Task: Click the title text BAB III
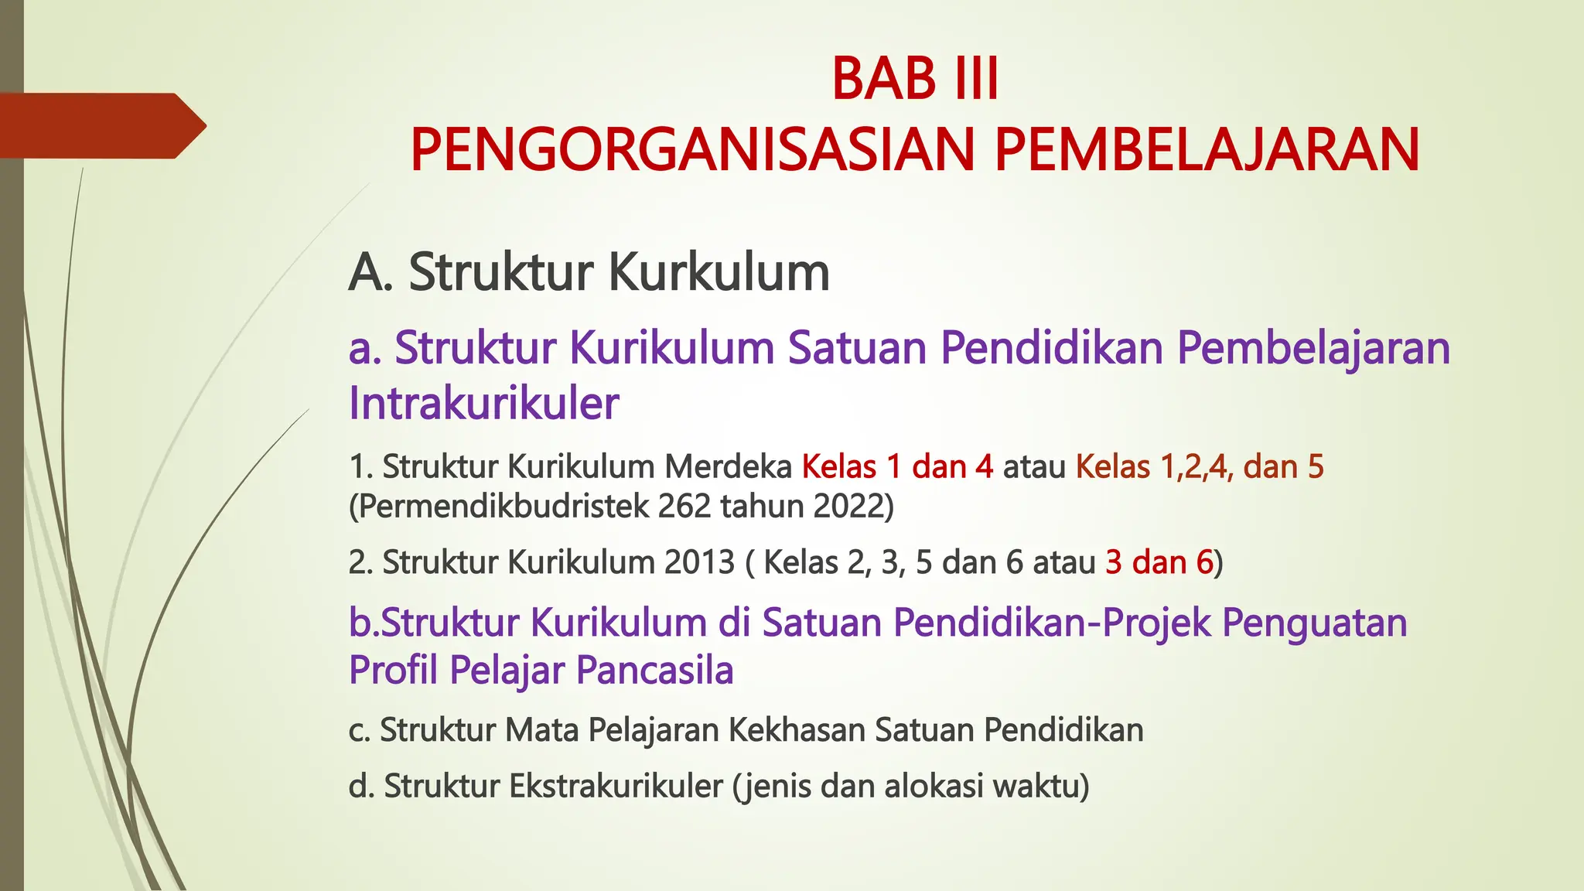point(915,79)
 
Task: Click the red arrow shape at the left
point(101,126)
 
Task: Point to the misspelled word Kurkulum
point(719,273)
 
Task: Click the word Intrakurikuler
point(483,404)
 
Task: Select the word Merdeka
point(728,467)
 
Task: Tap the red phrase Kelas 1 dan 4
point(897,467)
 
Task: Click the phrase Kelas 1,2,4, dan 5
point(1200,467)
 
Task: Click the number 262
point(684,507)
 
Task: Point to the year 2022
point(851,507)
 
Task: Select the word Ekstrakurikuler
point(616,787)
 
